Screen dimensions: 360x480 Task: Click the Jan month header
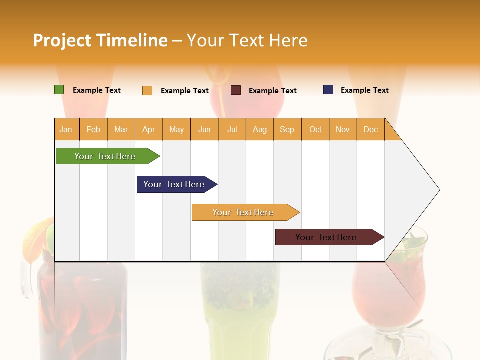coord(66,130)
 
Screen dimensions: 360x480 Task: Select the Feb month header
coord(93,130)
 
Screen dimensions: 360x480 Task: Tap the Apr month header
coord(149,130)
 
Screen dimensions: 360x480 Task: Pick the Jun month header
coord(204,130)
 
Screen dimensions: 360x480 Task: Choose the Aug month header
coord(260,130)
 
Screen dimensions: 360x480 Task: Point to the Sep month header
coord(287,130)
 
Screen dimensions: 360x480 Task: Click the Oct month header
coord(315,130)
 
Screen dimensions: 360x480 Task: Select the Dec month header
coord(371,130)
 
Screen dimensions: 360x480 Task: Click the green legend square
coord(59,90)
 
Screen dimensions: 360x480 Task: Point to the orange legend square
coord(147,90)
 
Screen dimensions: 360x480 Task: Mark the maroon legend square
coord(236,90)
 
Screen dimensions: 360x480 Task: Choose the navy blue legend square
coord(328,90)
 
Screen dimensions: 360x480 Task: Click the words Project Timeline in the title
coord(100,40)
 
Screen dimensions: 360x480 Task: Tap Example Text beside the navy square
coord(364,90)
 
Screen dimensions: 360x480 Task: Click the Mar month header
coord(121,130)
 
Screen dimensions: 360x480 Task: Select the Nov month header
coord(343,130)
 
